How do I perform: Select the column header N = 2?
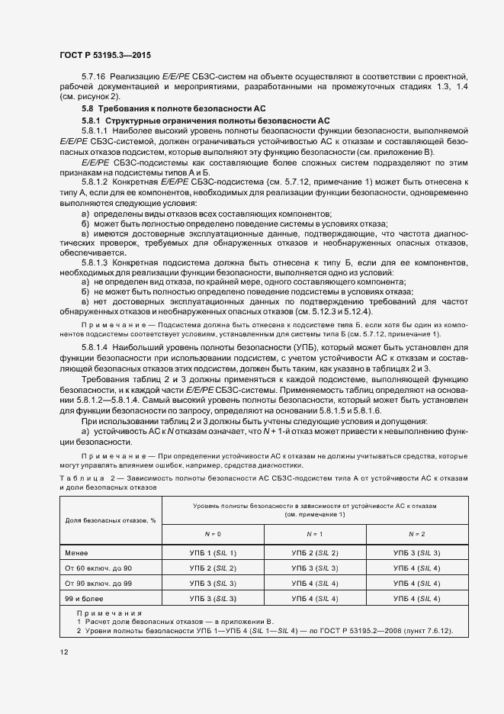click(x=416, y=534)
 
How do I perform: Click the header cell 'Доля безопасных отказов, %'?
click(x=111, y=519)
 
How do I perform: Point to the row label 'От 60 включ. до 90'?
click(x=97, y=568)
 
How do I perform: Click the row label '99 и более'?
click(x=82, y=599)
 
